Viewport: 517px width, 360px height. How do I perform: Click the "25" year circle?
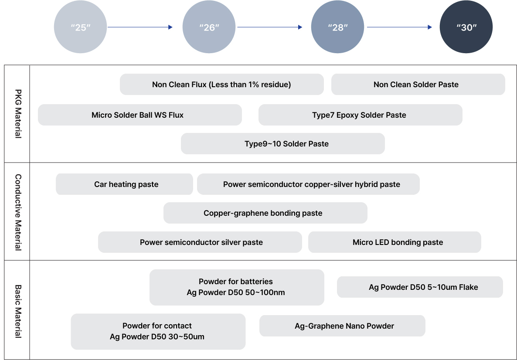pos(81,27)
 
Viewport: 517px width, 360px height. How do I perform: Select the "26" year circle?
pos(209,27)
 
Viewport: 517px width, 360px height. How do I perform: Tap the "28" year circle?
pos(338,27)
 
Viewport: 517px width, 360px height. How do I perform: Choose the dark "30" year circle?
pos(466,27)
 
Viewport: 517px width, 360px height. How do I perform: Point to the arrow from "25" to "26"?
pos(140,27)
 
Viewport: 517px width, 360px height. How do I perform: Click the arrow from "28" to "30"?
pos(399,27)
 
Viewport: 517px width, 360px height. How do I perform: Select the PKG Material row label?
pos(18,114)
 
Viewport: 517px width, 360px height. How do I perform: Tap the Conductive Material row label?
pos(18,212)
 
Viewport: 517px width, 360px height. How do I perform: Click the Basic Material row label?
pos(18,311)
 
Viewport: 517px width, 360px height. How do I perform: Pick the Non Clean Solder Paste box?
pos(418,85)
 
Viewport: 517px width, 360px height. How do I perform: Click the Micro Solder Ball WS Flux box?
pos(140,115)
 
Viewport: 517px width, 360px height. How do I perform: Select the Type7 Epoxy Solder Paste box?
pos(361,115)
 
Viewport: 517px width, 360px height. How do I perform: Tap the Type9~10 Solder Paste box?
pos(283,143)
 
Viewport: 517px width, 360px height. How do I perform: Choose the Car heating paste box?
pos(124,184)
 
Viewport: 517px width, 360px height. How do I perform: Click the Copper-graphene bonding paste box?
pos(265,213)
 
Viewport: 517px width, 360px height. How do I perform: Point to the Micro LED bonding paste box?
pos(395,242)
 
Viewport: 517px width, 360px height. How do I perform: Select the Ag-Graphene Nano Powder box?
pos(342,326)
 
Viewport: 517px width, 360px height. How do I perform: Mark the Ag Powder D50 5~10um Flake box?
pos(420,287)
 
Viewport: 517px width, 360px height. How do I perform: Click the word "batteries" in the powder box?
pos(256,282)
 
